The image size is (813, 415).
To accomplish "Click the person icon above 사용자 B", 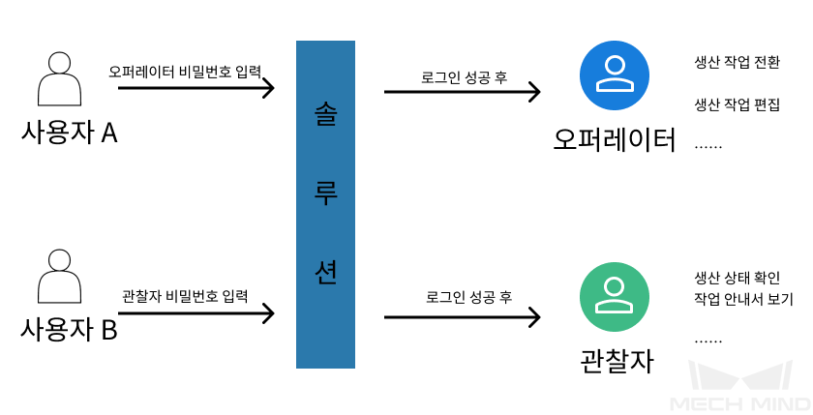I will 58,277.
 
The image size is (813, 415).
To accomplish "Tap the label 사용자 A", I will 69,133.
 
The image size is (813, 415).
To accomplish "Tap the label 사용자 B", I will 69,330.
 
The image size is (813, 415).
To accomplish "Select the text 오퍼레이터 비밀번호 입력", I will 185,72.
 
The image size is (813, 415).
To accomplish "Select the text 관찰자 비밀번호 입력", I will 185,294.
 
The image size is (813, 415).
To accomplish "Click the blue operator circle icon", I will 613,74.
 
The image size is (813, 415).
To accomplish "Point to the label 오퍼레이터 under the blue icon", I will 614,139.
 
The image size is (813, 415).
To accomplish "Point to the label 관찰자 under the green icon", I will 617,361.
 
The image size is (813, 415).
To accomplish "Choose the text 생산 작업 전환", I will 738,62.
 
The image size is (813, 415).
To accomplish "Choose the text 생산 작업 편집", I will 738,104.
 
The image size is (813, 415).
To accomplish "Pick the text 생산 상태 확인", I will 738,276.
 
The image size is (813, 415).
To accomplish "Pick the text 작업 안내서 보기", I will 743,299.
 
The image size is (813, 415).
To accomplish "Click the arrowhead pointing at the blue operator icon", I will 533,92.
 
